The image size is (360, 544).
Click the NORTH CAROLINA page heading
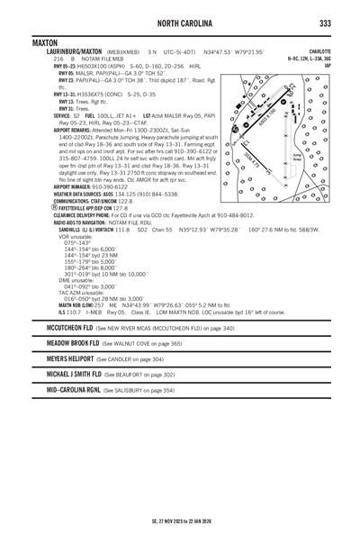point(180,23)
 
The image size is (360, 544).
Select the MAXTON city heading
point(43,42)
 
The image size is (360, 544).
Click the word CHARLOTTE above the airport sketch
point(319,51)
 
